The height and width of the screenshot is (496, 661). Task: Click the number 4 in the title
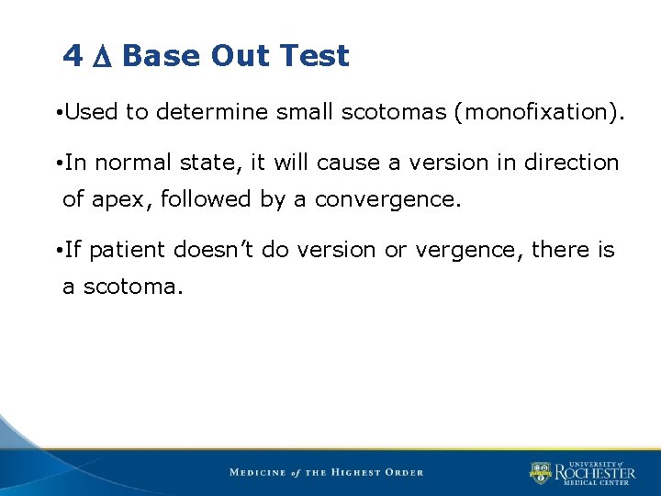click(73, 56)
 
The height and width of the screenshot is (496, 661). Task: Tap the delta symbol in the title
click(102, 57)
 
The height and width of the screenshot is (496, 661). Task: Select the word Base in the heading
click(162, 56)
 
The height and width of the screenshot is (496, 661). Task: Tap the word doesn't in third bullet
click(213, 250)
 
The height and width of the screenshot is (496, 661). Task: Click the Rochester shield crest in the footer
click(541, 473)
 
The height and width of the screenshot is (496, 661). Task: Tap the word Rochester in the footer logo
click(594, 473)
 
